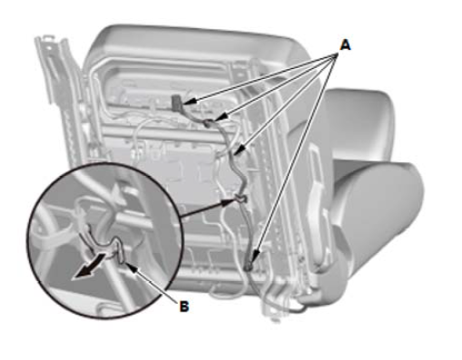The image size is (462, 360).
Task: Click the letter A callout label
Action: tap(345, 44)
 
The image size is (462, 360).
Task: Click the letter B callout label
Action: tap(184, 306)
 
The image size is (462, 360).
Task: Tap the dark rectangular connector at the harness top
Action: tap(176, 102)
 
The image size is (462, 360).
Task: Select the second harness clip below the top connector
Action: tap(210, 122)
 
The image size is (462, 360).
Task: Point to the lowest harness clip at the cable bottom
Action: tap(248, 267)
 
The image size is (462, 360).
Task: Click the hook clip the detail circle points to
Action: tap(241, 199)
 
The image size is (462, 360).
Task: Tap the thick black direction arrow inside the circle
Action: tap(90, 267)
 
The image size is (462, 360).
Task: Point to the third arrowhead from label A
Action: tap(239, 150)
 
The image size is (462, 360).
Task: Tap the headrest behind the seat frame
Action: tap(360, 121)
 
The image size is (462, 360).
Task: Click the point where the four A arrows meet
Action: tap(337, 54)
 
